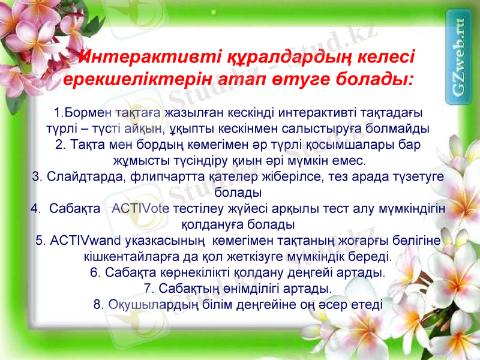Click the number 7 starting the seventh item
tap(148, 289)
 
